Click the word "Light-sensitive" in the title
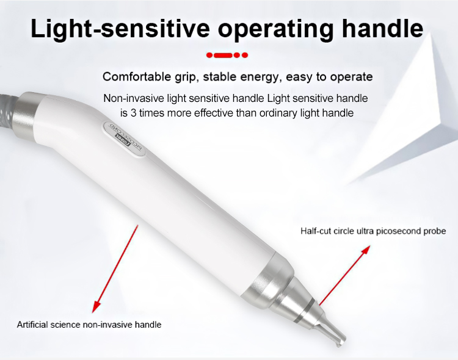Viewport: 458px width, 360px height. pos(115,28)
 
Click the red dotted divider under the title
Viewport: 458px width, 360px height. pos(227,55)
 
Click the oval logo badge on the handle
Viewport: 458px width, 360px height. pos(122,135)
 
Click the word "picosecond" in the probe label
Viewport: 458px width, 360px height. pos(394,231)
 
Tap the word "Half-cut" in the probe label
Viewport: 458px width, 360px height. pos(315,231)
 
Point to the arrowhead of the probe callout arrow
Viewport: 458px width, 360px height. pos(367,248)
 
